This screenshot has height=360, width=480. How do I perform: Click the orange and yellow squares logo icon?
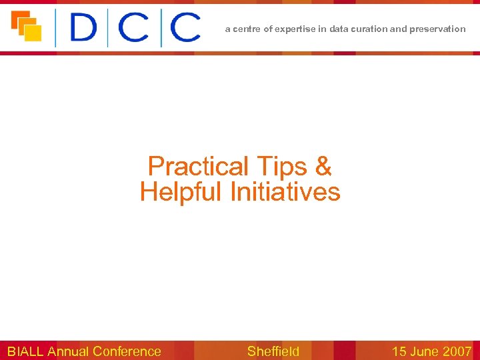tap(27, 27)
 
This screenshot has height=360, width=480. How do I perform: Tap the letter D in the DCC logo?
tap(83, 29)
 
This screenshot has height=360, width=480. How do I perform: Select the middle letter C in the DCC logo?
tap(133, 29)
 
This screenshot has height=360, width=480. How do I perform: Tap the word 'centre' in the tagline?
tap(247, 29)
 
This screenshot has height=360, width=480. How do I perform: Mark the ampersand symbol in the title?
tap(323, 166)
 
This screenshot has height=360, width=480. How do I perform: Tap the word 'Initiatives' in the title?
tap(285, 193)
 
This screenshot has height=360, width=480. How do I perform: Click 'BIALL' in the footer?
tap(25, 351)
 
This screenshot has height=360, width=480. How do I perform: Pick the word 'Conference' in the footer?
tap(127, 351)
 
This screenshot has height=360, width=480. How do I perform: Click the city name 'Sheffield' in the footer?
tap(273, 351)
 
